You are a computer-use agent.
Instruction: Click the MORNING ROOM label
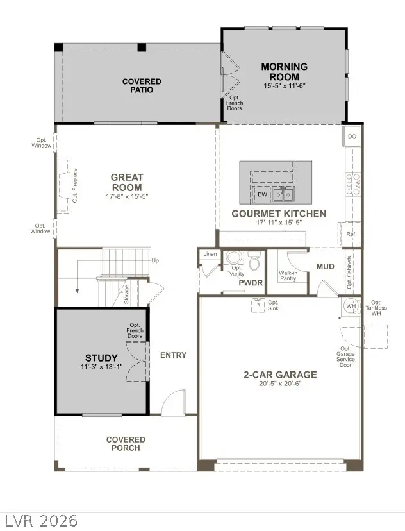click(x=284, y=71)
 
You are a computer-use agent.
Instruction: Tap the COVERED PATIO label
click(x=142, y=86)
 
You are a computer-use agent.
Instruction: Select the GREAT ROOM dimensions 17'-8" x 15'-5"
click(x=127, y=196)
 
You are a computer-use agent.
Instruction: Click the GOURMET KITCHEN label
click(x=279, y=214)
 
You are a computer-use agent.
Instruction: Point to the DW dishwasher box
click(x=262, y=194)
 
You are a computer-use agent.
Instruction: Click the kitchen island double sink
click(x=283, y=194)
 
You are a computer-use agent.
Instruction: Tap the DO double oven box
click(x=352, y=137)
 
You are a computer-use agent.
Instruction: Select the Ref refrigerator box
click(x=350, y=234)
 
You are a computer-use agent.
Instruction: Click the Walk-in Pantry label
click(x=288, y=276)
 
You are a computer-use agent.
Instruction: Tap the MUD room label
click(x=326, y=266)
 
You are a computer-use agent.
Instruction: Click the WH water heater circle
click(x=351, y=306)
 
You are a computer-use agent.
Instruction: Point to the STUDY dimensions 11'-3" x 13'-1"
click(x=102, y=367)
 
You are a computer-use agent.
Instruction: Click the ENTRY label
click(x=173, y=355)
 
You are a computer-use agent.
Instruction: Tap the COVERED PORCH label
click(x=126, y=443)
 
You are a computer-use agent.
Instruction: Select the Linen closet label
click(x=210, y=255)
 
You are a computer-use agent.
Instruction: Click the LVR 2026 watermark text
click(x=40, y=520)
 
